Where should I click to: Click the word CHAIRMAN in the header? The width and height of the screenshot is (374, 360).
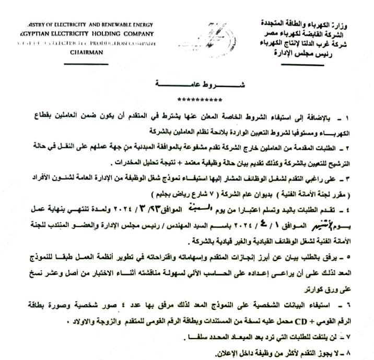[x=87, y=53]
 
